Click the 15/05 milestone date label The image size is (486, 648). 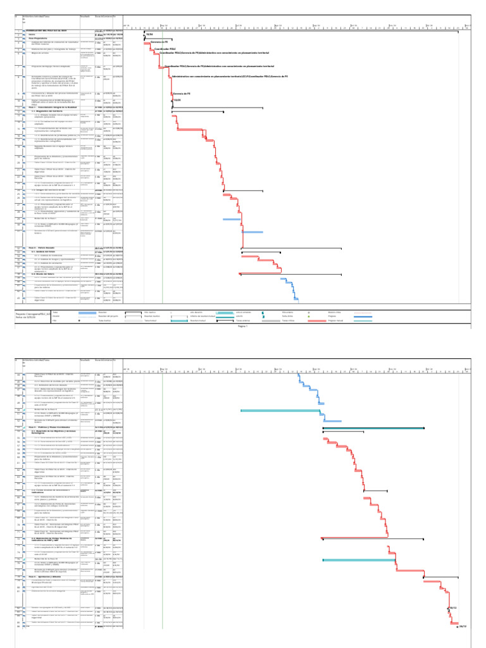click(x=178, y=101)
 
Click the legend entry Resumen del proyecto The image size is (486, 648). click(x=110, y=316)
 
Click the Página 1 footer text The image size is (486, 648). click(x=242, y=327)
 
